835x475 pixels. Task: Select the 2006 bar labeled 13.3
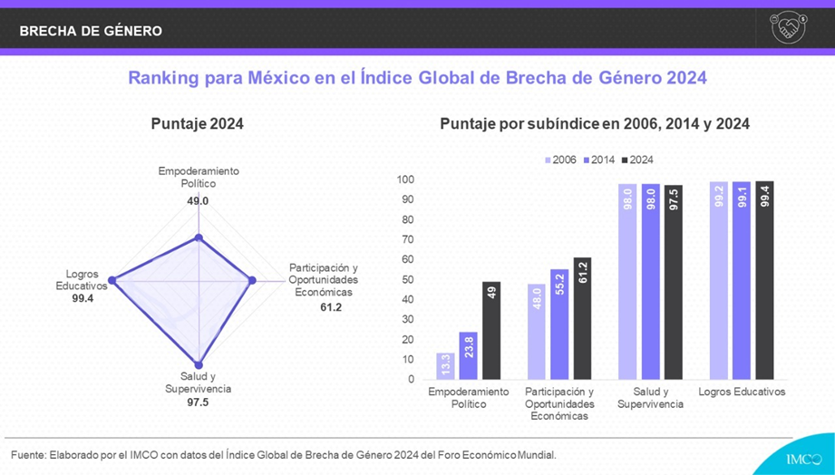tap(445, 366)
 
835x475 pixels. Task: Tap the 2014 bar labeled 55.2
tap(558, 324)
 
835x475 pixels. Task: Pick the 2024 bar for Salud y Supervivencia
tap(673, 282)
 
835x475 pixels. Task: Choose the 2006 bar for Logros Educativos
tap(719, 280)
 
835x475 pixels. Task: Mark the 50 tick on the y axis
tap(408, 279)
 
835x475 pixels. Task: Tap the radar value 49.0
tap(198, 201)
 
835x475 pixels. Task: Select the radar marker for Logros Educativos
tap(112, 281)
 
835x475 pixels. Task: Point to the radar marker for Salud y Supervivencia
tap(199, 363)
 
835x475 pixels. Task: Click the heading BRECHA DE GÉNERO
tap(91, 31)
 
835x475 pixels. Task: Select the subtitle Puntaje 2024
tap(197, 124)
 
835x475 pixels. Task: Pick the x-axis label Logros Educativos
tap(742, 392)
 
